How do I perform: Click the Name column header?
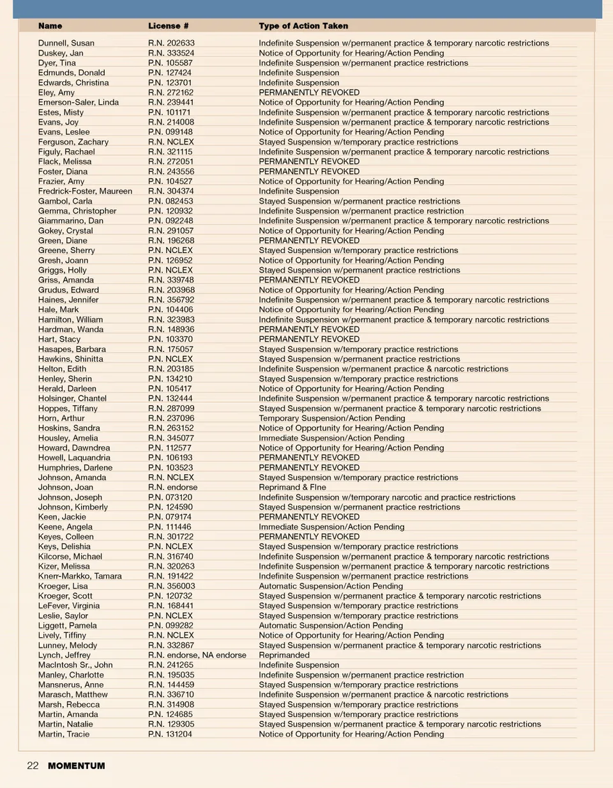coord(50,26)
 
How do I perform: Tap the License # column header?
coord(168,26)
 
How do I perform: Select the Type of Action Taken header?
coord(303,26)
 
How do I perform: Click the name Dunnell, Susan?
coord(66,43)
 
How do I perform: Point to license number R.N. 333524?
coord(171,53)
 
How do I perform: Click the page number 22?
coord(33,766)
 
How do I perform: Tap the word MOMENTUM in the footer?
coord(77,766)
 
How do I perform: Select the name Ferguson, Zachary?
coord(73,142)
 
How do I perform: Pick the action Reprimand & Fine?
coord(292,487)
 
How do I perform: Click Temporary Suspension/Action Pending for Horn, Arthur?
coord(332,418)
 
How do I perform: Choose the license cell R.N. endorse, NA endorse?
coord(197,655)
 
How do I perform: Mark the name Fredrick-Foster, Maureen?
coord(85,191)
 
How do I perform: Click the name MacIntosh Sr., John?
coord(75,665)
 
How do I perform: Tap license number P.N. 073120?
coord(170,497)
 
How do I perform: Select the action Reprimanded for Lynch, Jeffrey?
coord(284,655)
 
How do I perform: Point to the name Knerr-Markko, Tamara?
coord(80,576)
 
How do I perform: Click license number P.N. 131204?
coord(170,734)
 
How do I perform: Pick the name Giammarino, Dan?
coord(70,220)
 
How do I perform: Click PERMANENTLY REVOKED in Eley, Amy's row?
coord(309,93)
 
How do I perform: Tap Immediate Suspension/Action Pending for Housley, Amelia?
coord(331,438)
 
